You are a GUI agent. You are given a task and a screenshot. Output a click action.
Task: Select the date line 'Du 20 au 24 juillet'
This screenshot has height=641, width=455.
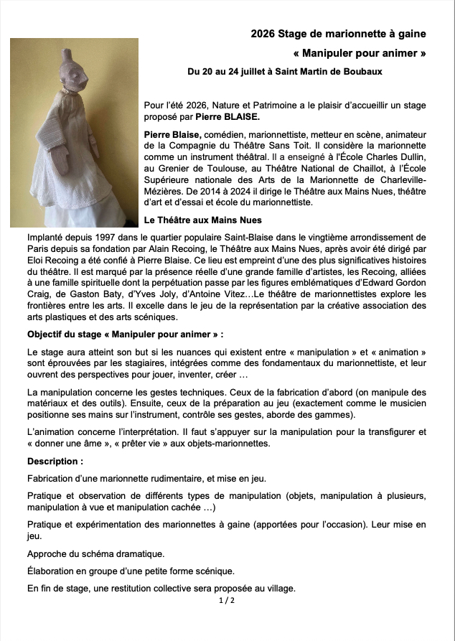click(x=230, y=72)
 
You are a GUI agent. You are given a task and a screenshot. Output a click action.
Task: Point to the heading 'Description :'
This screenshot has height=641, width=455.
click(x=55, y=461)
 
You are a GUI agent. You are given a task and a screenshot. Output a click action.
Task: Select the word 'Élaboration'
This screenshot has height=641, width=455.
click(x=51, y=571)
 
